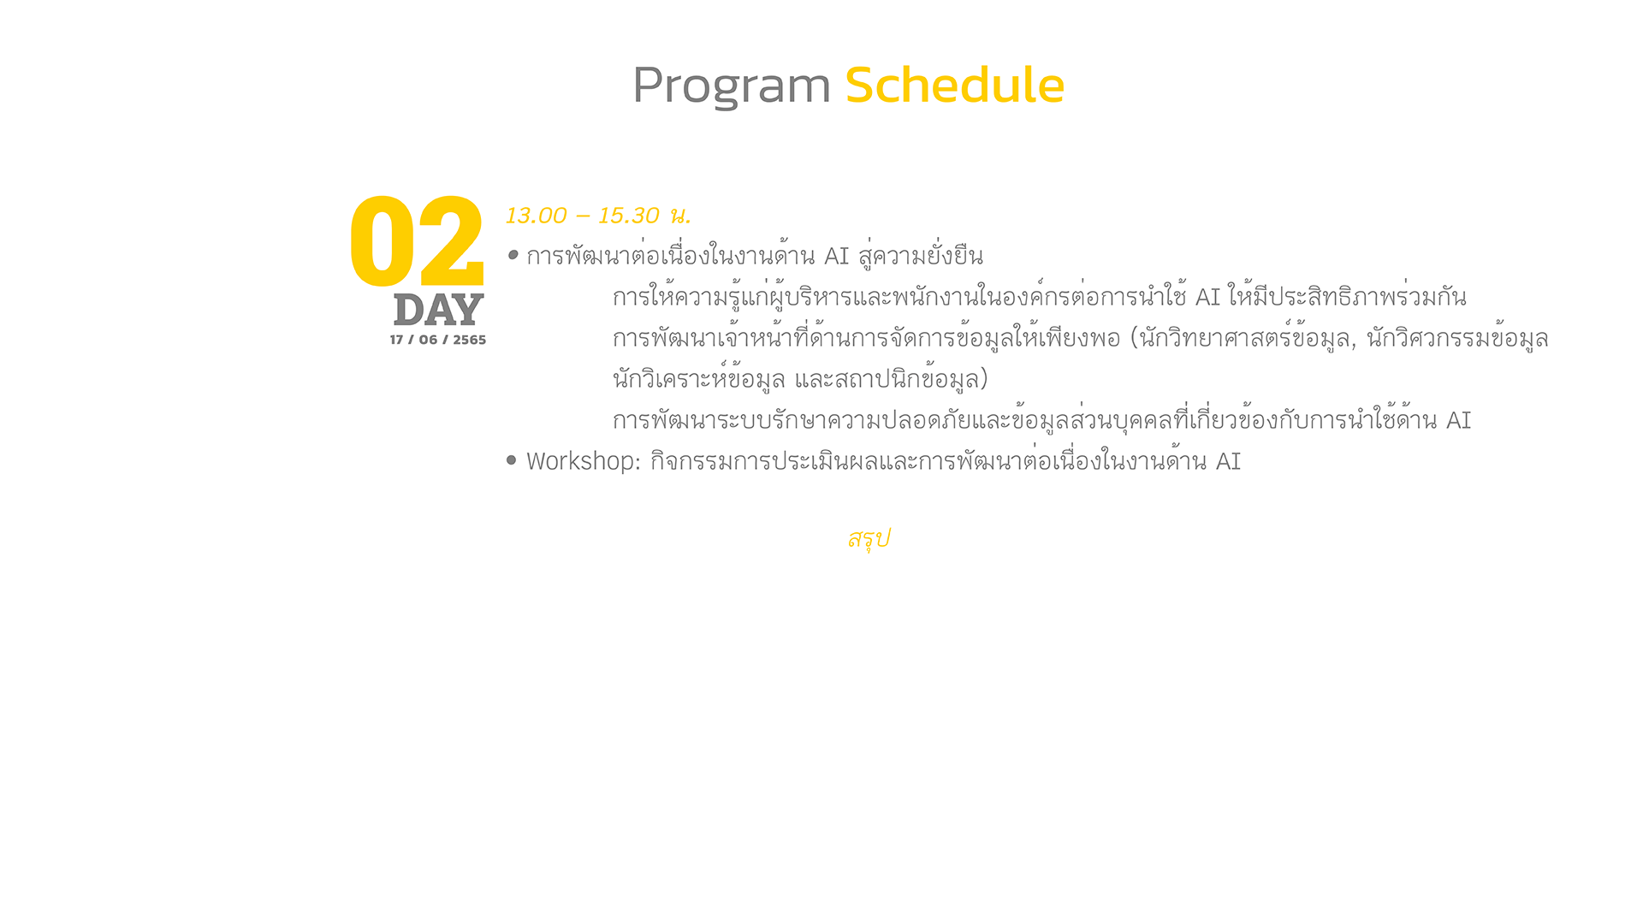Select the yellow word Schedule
pyautogui.click(x=955, y=85)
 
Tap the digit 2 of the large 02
pyautogui.click(x=451, y=242)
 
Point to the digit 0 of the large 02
pyautogui.click(x=383, y=242)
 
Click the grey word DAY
pyautogui.click(x=439, y=310)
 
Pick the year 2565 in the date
pyautogui.click(x=470, y=340)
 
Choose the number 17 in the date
pyautogui.click(x=396, y=340)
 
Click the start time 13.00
pyautogui.click(x=537, y=216)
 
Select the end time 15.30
pyautogui.click(x=629, y=216)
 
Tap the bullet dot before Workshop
pyautogui.click(x=512, y=460)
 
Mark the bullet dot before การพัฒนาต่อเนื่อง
pyautogui.click(x=513, y=254)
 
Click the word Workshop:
pyautogui.click(x=584, y=461)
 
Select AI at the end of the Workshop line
pyautogui.click(x=1228, y=462)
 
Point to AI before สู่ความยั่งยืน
pyautogui.click(x=836, y=257)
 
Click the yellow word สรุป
pyautogui.click(x=869, y=539)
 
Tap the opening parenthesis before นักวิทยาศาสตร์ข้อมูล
pyautogui.click(x=1135, y=338)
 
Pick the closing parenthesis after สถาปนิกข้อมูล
pyautogui.click(x=984, y=378)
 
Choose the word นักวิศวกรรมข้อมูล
pyautogui.click(x=1457, y=338)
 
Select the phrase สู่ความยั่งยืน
pyautogui.click(x=921, y=256)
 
